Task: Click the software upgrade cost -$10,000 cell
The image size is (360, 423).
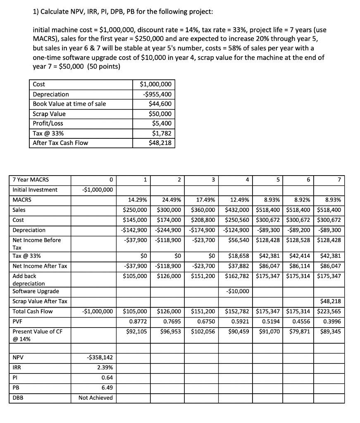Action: click(238, 291)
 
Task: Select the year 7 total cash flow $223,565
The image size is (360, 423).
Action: click(329, 311)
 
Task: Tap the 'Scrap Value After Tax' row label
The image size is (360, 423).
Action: click(40, 301)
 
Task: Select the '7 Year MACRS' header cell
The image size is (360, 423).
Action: click(31, 180)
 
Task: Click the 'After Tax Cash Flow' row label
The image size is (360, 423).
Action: click(60, 143)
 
